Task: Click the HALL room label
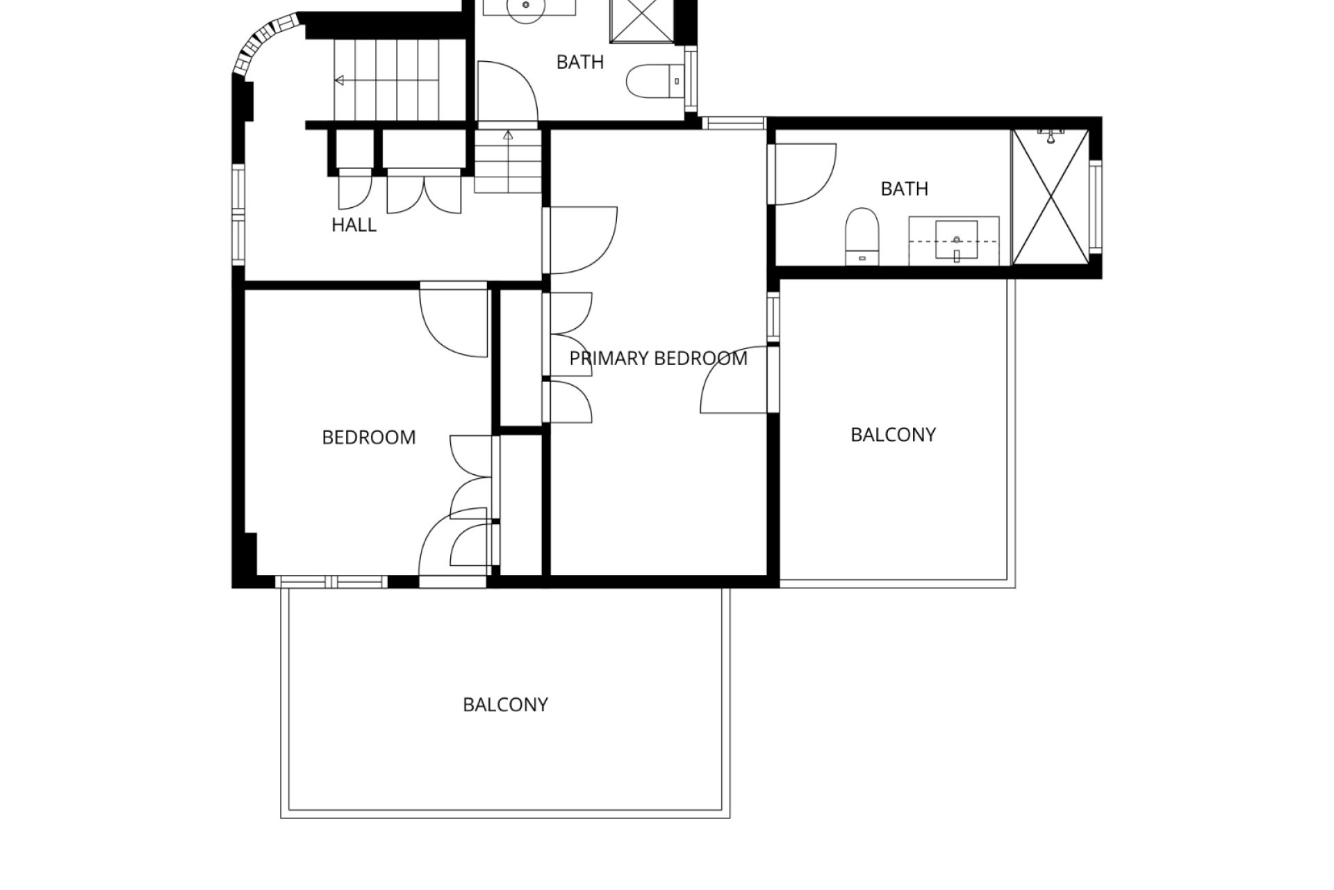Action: point(354,225)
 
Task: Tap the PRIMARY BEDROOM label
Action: point(658,359)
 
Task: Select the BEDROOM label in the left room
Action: point(369,437)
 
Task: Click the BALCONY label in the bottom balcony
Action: point(505,705)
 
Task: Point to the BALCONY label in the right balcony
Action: point(893,435)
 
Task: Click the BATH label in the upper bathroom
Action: point(580,63)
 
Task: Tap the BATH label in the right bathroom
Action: point(904,189)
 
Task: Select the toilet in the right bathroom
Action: point(862,236)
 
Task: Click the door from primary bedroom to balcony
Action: point(736,380)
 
